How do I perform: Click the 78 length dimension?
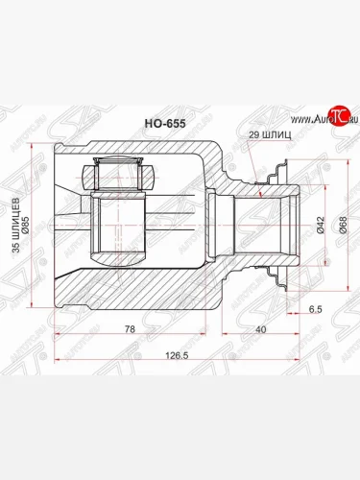click(x=131, y=329)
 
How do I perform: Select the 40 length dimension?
click(x=261, y=329)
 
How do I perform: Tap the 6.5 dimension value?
click(x=316, y=309)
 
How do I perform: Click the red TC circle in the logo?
click(x=333, y=117)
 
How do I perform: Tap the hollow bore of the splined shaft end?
click(x=278, y=227)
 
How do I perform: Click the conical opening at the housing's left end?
click(x=72, y=227)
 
